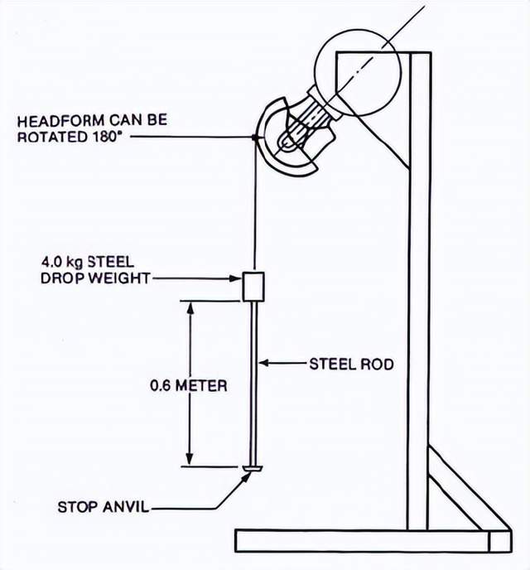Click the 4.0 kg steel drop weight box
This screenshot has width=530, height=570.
[x=253, y=286]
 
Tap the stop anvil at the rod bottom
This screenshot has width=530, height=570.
[x=252, y=471]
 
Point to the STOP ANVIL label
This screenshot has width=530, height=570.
[x=103, y=506]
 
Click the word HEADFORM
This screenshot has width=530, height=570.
[x=57, y=121]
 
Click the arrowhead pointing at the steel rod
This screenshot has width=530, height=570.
[x=263, y=363]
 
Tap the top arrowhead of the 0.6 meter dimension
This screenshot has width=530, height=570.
[x=190, y=307]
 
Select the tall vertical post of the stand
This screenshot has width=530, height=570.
[x=419, y=290]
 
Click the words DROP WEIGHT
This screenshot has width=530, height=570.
[x=94, y=278]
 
